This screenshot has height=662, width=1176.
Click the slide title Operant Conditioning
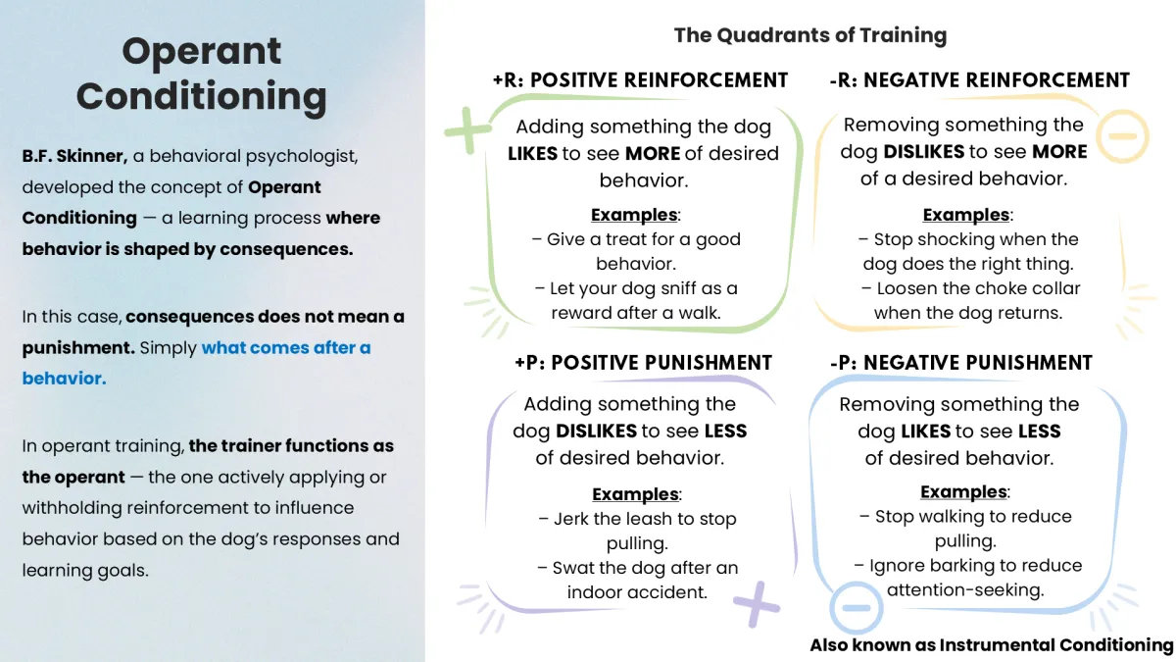[201, 74]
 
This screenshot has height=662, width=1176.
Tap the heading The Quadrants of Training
[809, 36]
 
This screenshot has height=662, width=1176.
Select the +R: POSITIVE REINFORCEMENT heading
[640, 80]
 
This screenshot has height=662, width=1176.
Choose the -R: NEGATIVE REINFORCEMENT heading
[979, 80]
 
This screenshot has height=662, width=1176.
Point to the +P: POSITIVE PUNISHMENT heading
[643, 363]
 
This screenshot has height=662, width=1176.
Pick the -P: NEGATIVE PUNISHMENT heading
[960, 363]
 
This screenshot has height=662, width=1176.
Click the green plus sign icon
[467, 129]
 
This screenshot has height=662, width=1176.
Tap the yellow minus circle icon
[1122, 134]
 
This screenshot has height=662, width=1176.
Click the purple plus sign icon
[756, 603]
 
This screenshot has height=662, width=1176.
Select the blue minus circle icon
[856, 607]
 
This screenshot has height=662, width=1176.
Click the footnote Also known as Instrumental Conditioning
[991, 645]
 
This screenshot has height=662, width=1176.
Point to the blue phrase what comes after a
[286, 347]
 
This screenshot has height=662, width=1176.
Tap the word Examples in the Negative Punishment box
[964, 492]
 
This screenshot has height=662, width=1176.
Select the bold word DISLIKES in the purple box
[596, 432]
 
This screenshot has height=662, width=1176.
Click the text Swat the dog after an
[645, 568]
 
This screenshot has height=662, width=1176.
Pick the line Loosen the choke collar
[969, 288]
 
